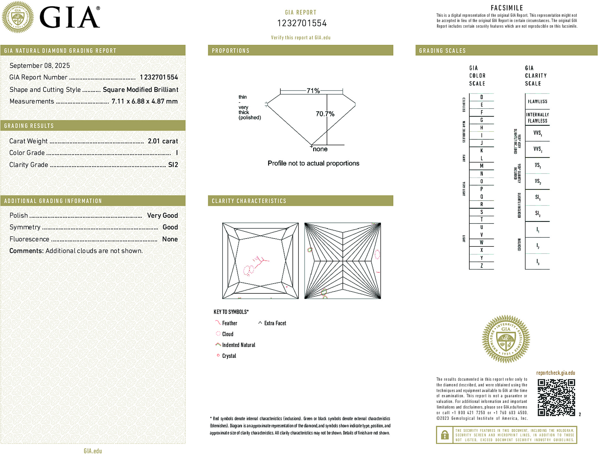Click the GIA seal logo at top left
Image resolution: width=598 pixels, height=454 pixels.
click(18, 17)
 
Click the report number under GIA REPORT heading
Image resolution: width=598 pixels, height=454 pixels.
click(302, 23)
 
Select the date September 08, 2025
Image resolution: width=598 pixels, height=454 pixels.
click(40, 65)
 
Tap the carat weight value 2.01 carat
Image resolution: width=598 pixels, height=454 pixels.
click(163, 141)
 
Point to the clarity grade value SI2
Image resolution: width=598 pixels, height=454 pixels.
click(173, 165)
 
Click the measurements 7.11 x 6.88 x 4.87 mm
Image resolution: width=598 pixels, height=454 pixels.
click(145, 102)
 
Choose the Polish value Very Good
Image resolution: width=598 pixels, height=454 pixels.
click(162, 216)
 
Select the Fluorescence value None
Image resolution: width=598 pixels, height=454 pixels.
click(170, 239)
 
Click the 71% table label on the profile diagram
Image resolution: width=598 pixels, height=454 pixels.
click(313, 91)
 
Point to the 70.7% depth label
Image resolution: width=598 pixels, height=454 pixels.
click(325, 114)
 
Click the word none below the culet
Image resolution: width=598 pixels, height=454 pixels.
click(320, 149)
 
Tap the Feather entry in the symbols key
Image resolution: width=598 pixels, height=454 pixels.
click(230, 323)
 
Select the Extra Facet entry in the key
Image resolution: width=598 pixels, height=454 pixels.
click(275, 323)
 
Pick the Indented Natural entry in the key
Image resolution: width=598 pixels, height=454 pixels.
click(238, 345)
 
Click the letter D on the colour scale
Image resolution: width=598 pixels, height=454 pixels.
click(481, 97)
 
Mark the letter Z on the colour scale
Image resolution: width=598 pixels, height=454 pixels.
click(481, 266)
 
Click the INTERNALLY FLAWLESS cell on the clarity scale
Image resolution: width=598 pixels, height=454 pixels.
click(537, 117)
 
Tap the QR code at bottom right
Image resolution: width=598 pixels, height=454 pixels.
click(556, 397)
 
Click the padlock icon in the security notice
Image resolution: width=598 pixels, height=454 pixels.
click(444, 435)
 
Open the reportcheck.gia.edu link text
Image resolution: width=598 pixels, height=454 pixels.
click(556, 373)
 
